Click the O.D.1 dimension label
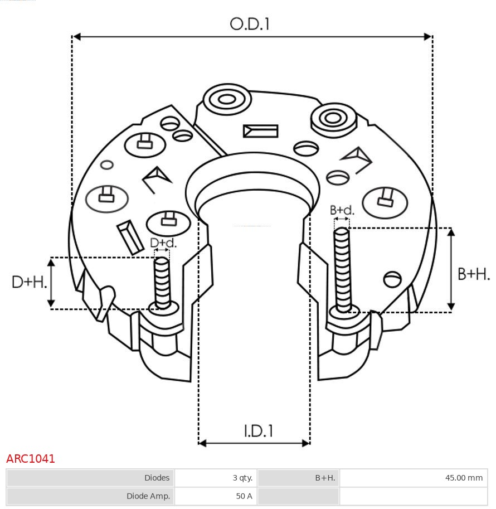click(250, 24)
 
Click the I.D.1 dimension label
click(259, 431)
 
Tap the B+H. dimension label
click(474, 274)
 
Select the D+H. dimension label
click(29, 282)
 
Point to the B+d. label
click(342, 210)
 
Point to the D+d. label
click(163, 243)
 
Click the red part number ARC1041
click(31, 459)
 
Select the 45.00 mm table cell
click(464, 478)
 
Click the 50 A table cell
click(244, 496)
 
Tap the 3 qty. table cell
click(242, 478)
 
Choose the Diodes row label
click(157, 478)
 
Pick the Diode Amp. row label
click(148, 496)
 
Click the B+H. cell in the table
click(325, 478)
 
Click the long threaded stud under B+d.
click(342, 270)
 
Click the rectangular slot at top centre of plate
click(261, 131)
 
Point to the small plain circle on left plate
click(107, 165)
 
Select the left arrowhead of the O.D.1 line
click(76, 37)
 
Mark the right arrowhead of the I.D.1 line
click(306, 443)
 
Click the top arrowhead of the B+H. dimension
click(451, 232)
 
